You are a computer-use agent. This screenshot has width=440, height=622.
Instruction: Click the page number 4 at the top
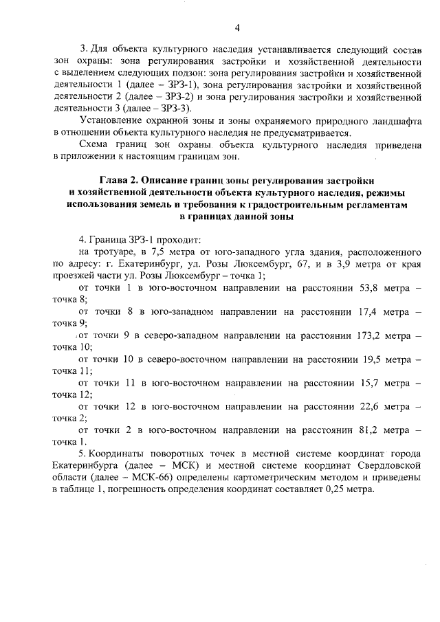click(236, 28)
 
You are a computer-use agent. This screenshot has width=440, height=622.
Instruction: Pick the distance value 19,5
click(372, 358)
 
